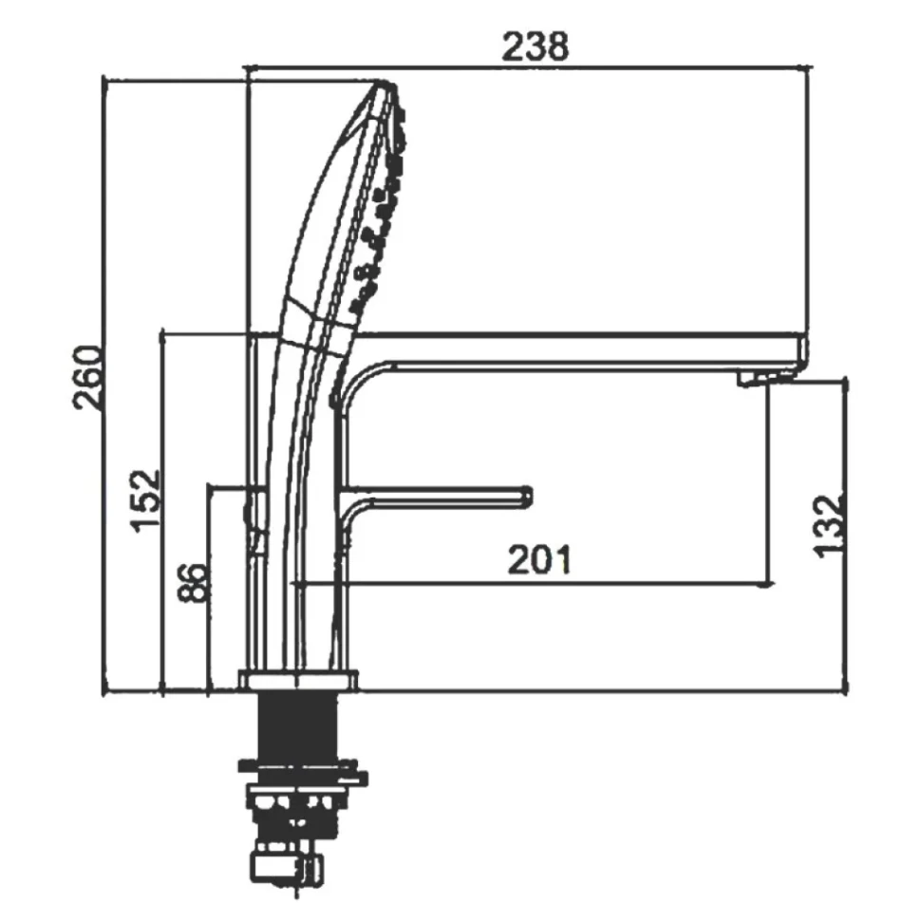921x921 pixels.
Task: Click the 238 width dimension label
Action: [x=536, y=47]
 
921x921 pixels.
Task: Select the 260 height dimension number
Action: [x=87, y=378]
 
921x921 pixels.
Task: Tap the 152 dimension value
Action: [x=144, y=499]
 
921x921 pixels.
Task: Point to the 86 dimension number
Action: [x=193, y=583]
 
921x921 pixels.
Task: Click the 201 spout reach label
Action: [x=539, y=560]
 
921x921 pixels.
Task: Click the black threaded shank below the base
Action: [x=298, y=726]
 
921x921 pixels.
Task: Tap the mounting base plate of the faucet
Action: [x=298, y=680]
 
